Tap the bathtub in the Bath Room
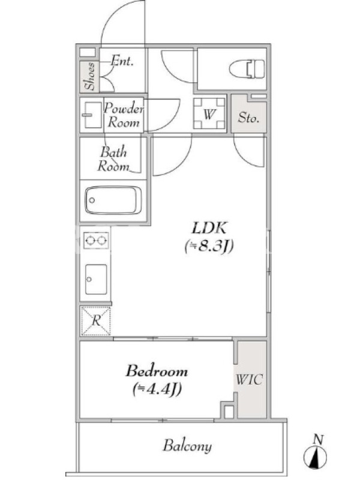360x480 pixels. point(113,200)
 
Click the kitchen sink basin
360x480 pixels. point(96,279)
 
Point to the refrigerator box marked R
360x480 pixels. point(95,320)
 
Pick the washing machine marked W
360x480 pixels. point(209,113)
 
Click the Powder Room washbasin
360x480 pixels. point(92,115)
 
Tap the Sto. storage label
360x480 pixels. point(248,117)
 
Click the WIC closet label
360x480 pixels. point(249,380)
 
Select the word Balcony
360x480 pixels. point(187,446)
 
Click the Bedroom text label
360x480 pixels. point(157,371)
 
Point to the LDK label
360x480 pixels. point(209,228)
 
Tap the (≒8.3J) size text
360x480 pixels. point(209,246)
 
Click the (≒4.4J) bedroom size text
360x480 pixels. point(157,389)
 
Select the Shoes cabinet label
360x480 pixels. point(90,76)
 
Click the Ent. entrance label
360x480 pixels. point(122,61)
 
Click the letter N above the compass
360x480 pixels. point(318,440)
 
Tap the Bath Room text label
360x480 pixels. point(113,159)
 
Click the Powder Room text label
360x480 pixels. point(124,115)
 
